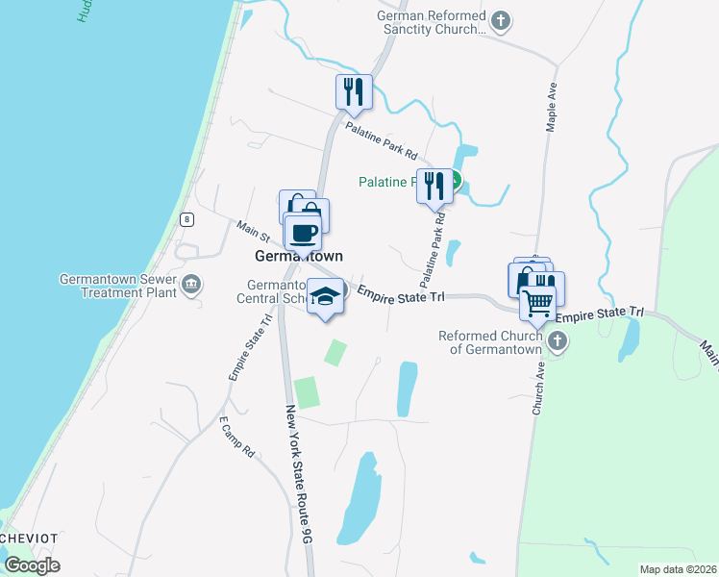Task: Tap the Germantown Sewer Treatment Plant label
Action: pos(118,286)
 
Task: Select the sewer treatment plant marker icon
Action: pos(191,283)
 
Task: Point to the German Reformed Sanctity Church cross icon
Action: pos(500,20)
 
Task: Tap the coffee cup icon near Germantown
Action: pos(304,232)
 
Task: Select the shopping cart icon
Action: pos(537,303)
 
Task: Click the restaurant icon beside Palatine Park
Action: pos(434,185)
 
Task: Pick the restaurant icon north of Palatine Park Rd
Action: pos(354,91)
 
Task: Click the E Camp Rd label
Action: pos(236,438)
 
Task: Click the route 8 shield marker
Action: pos(186,219)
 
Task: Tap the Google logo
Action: pos(32,565)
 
